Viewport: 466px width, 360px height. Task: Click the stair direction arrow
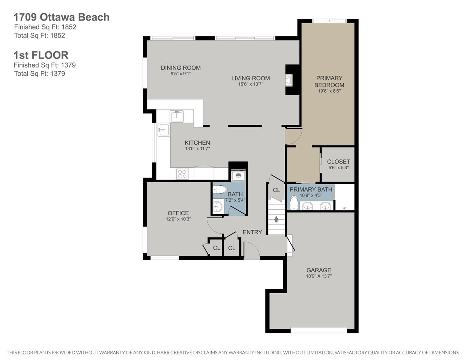276,219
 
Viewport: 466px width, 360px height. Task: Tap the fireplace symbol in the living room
289,80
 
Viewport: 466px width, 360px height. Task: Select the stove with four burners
182,174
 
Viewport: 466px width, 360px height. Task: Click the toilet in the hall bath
220,189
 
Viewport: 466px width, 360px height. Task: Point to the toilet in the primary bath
294,203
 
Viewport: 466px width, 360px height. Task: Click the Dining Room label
181,68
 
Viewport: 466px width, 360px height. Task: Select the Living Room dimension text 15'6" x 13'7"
251,84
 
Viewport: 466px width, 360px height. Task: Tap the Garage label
319,270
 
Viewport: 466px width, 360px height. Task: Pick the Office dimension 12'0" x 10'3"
178,219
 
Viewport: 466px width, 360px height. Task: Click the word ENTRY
252,232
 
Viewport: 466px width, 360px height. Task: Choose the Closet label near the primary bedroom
338,162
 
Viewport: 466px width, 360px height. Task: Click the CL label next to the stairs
277,190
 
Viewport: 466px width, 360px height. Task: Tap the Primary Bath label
311,189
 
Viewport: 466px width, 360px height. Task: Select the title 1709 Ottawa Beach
62,17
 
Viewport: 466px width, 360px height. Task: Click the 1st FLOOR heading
41,55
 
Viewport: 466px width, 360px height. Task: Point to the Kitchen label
197,143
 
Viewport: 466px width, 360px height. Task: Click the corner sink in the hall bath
218,207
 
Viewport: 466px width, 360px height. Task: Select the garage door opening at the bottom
319,330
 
